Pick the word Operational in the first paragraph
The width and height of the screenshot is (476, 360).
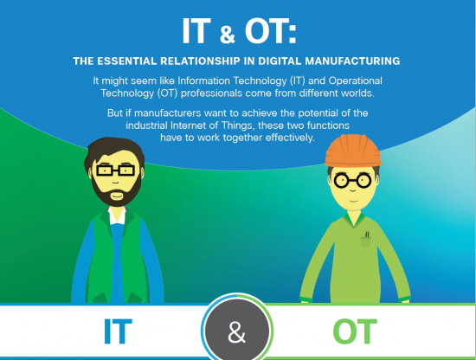click(x=342, y=79)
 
